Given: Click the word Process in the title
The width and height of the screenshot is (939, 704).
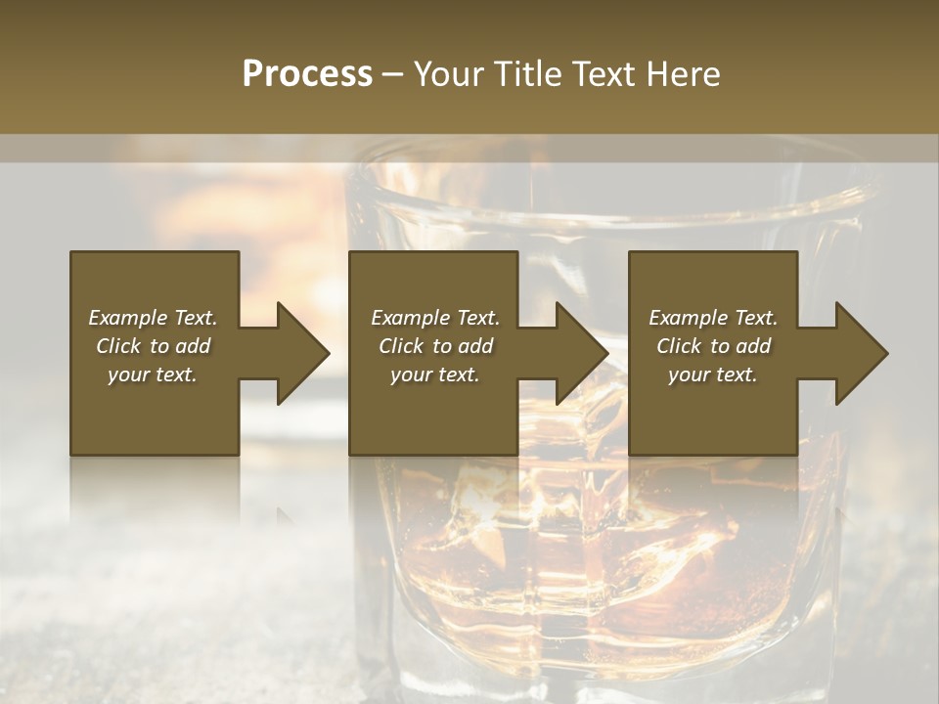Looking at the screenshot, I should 307,74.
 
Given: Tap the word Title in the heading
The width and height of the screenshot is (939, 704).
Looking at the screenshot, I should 528,74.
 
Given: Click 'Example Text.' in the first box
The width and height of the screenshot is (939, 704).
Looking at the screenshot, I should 153,318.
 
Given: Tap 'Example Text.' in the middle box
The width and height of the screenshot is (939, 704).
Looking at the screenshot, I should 435,318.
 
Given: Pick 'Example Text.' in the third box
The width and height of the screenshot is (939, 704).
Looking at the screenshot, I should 713,318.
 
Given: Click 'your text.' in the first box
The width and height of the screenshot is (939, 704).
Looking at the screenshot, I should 153,374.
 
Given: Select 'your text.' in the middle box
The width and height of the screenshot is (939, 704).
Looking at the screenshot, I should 435,374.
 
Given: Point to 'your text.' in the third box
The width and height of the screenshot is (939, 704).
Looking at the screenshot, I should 713,374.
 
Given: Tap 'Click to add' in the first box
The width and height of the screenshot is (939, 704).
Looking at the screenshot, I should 153,346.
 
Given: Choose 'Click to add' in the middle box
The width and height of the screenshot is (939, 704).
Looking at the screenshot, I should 435,346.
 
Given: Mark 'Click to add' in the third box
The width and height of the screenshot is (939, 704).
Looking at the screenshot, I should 713,346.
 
